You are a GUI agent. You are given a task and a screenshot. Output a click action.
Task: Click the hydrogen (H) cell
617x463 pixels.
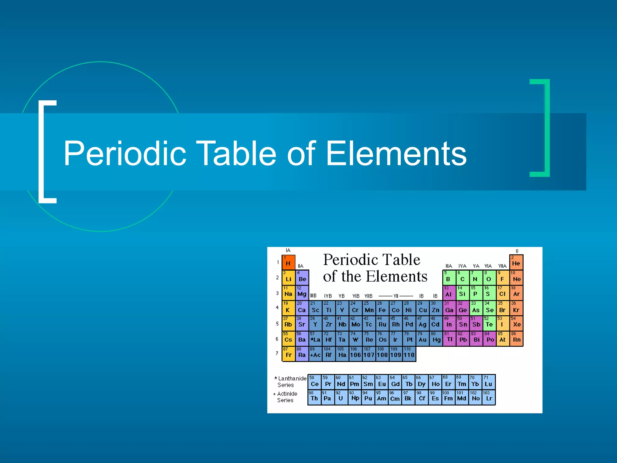tap(288, 262)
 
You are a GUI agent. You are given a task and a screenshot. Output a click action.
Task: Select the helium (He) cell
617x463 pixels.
tap(516, 262)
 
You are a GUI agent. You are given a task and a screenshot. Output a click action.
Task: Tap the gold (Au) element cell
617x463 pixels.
tap(422, 339)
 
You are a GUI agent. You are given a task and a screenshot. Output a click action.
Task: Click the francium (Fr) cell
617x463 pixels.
tap(288, 354)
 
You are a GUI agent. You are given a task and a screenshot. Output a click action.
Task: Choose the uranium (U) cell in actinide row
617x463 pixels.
tap(341, 397)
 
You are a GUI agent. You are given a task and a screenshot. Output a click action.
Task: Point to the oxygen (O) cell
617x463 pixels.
tap(489, 278)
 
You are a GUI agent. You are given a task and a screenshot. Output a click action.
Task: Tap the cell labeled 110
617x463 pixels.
tap(409, 354)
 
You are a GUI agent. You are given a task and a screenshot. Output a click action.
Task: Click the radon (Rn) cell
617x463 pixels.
tap(516, 339)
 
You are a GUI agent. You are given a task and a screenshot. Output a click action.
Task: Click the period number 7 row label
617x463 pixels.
tap(277, 353)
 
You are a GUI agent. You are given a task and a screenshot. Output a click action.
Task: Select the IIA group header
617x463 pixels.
tap(300, 266)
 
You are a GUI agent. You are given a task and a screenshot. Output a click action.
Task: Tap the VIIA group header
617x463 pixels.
tap(502, 266)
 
